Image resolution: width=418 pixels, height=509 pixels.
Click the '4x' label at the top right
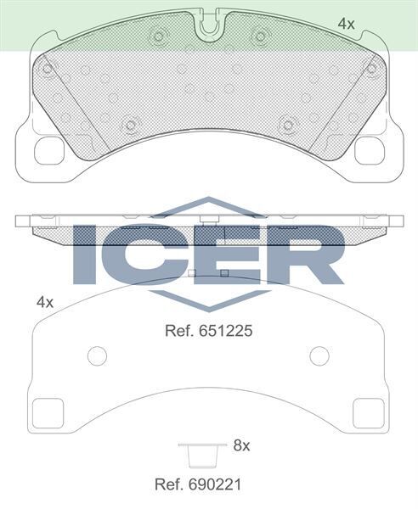tap(346, 25)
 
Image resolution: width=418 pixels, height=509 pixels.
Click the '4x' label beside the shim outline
tap(45, 302)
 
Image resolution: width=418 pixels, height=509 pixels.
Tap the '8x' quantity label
tap(240, 444)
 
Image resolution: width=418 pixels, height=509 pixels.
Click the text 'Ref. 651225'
tap(209, 331)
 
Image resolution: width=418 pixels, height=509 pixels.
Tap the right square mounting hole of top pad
tap(370, 150)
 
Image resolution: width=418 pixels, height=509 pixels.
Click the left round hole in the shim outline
tap(98, 355)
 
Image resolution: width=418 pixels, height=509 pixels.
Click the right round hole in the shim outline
tap(319, 355)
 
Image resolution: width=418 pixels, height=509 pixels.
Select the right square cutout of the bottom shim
tap(369, 415)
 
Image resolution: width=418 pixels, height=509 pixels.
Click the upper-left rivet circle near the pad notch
tap(157, 36)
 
